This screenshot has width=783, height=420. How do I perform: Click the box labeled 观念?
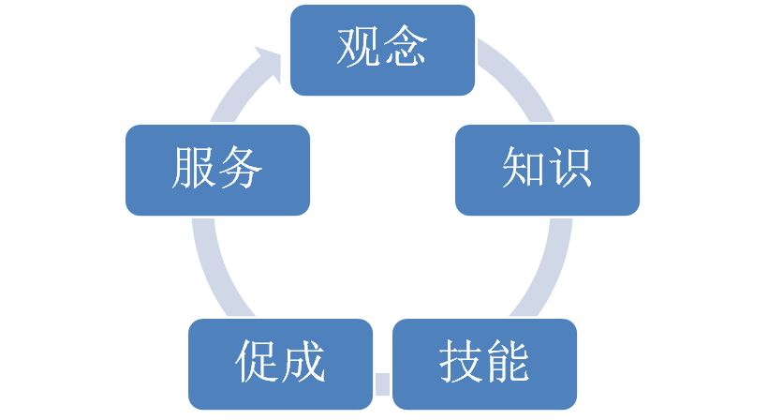point(382,50)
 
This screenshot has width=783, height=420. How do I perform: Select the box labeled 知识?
point(547,170)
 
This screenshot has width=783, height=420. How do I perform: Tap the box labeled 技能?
point(485,364)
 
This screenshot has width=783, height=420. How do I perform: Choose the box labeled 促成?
point(281,364)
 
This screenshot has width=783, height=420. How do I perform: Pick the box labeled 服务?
point(217,170)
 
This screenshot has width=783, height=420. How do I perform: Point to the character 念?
point(405,47)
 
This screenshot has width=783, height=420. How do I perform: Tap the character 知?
point(524,167)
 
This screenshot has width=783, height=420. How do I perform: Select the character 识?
point(569,167)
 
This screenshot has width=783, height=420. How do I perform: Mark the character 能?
point(508,361)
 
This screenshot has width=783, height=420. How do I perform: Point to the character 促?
point(257,361)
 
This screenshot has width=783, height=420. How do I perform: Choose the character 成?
point(303,361)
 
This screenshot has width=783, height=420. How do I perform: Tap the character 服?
point(194,167)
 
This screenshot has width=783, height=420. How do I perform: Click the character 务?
point(240,167)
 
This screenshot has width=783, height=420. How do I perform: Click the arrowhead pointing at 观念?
point(268,63)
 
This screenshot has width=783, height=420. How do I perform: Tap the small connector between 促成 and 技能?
point(382,384)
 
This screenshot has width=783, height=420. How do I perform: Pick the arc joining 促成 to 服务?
point(214,270)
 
